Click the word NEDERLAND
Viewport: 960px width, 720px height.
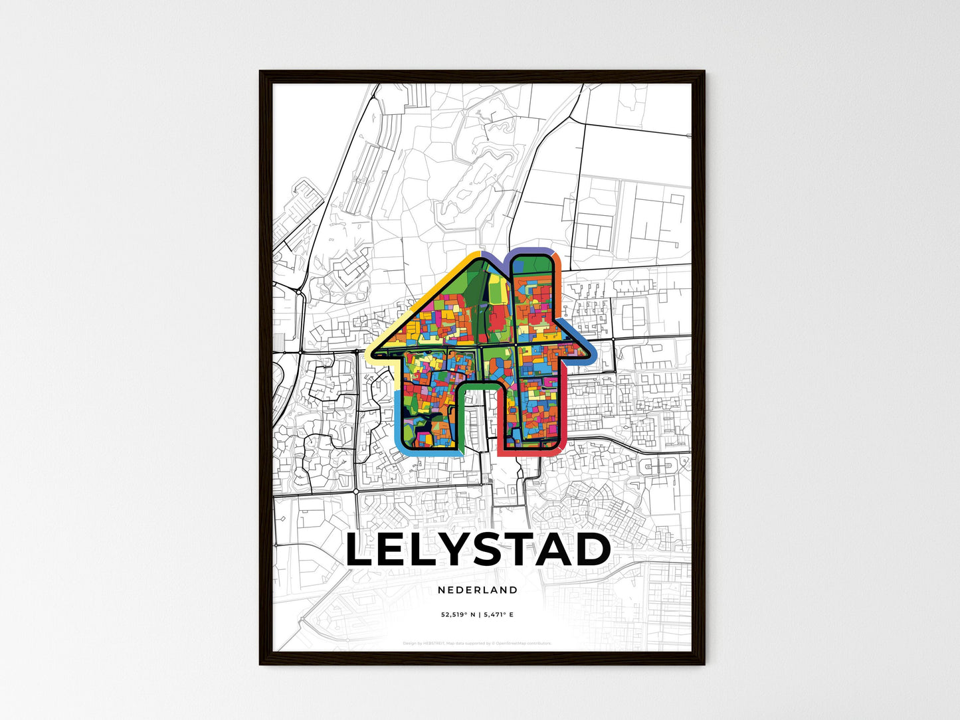[478, 590]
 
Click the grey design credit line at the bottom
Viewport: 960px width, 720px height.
[477, 643]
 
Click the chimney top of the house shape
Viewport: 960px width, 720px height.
[534, 255]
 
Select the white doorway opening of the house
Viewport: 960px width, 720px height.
[480, 418]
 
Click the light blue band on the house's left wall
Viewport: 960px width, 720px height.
[398, 415]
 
